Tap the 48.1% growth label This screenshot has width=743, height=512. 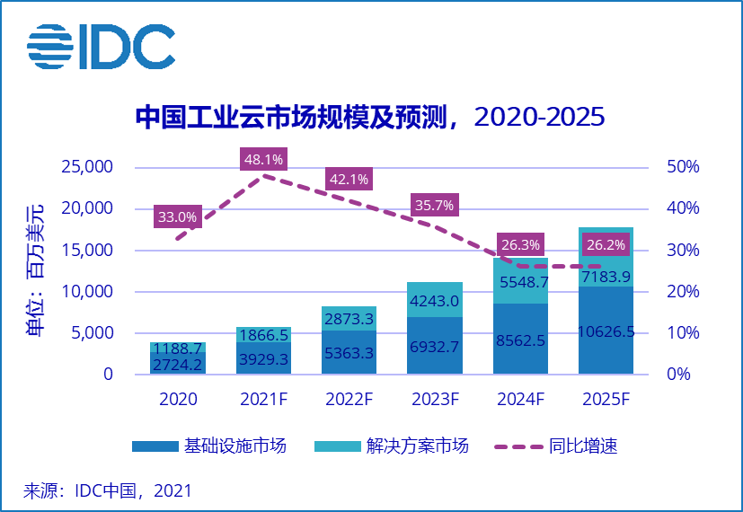click(x=263, y=160)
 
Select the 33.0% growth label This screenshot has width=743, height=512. click(x=177, y=216)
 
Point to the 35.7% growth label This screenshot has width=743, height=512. click(x=435, y=205)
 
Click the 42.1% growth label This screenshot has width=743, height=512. click(x=349, y=179)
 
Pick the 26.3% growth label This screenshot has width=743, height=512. click(x=520, y=244)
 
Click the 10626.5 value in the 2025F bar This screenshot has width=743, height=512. click(x=606, y=331)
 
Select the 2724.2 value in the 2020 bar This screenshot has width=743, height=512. click(x=177, y=364)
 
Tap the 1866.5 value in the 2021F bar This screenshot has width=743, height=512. click(x=263, y=334)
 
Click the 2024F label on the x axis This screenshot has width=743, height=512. click(x=520, y=399)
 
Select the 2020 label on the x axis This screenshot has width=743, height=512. click(x=177, y=399)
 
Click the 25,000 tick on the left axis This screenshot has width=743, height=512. click(x=86, y=167)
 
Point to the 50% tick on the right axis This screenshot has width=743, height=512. click(x=682, y=167)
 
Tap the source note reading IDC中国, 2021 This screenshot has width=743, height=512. click(x=108, y=491)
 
